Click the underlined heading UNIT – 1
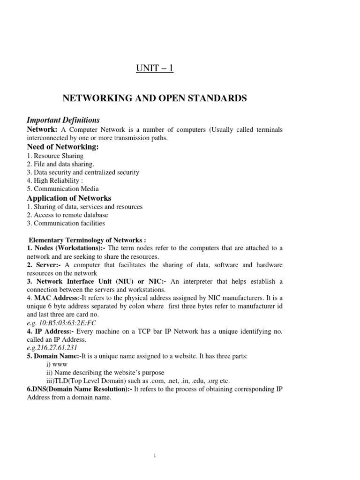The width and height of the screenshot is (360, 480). (x=154, y=69)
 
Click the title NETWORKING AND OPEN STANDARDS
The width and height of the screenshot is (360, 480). (x=155, y=98)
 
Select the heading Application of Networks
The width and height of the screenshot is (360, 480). (x=69, y=198)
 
